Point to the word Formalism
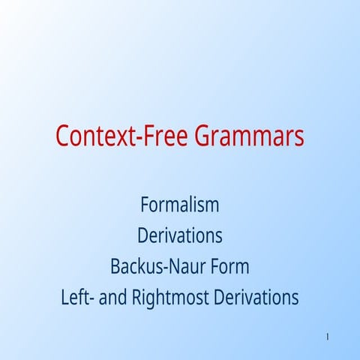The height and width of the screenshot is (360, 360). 179,204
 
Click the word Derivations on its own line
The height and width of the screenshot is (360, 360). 179,235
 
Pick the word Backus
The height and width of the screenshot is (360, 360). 133,266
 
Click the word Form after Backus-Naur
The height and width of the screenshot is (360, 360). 229,266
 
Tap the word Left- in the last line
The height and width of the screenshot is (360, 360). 77,298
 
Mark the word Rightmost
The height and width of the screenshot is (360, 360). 170,298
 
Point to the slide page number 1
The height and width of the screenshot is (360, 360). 328,336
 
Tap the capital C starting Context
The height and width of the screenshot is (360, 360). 63,137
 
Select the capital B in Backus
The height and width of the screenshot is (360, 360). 115,266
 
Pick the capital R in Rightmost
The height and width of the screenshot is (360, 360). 137,298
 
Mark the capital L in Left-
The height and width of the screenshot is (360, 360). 65,298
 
